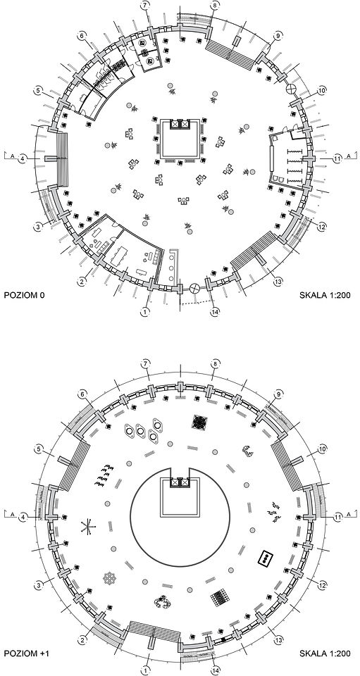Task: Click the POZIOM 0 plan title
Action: pos(24,295)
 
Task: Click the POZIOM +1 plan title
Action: pos(26,654)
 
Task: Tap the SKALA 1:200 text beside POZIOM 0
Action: pos(325,295)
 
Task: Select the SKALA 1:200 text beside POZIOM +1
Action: pos(325,654)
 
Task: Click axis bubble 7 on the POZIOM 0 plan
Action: pos(145,6)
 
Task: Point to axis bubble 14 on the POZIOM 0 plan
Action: pos(214,312)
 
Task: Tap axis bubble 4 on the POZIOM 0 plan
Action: pos(23,158)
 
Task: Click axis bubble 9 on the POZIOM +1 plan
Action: pos(278,394)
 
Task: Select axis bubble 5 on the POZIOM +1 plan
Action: pos(39,449)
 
